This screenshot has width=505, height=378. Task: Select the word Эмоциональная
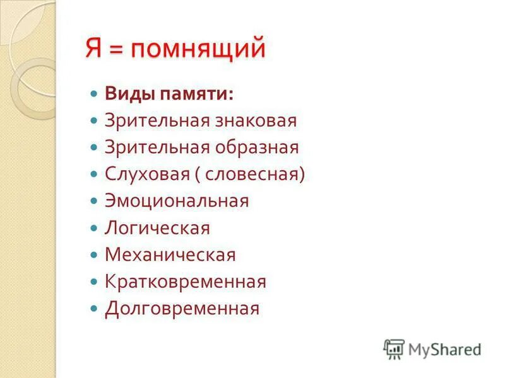177,201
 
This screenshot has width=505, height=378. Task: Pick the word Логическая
157,228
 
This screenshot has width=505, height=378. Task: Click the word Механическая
170,255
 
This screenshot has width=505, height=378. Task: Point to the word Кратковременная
186,282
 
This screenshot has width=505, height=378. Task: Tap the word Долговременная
182,309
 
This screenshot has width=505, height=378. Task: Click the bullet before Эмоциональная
94,201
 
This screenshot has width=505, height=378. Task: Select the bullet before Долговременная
94,309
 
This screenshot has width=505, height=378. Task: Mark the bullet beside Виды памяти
94,94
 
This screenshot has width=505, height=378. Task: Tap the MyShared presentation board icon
394,348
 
